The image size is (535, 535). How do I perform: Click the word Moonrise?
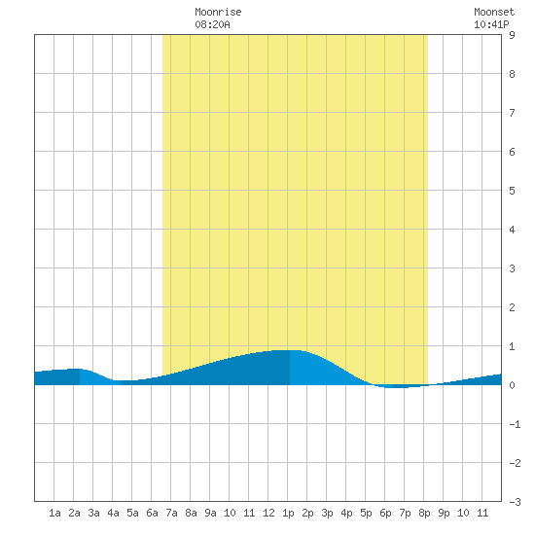218,12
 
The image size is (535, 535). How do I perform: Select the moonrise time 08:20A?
212,24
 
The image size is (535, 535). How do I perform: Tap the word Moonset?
494,12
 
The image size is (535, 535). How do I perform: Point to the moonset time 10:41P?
491,24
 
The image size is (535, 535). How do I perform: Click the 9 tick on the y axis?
512,35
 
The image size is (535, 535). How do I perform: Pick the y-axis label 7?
512,113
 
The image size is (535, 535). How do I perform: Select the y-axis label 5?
512,191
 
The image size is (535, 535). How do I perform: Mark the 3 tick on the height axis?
512,268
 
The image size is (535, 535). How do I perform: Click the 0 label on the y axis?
512,385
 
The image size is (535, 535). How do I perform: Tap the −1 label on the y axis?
515,424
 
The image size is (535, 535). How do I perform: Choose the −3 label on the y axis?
515,502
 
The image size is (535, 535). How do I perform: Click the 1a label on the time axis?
54,513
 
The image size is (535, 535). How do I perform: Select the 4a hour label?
113,513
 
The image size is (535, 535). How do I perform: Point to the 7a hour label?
171,513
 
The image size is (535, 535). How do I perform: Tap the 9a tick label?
210,513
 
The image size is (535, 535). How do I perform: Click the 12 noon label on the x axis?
268,513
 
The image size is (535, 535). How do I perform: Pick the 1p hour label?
288,513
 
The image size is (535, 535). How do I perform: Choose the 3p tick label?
327,513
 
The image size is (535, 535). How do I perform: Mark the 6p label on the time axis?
385,513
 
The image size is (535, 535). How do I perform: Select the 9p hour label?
444,513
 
